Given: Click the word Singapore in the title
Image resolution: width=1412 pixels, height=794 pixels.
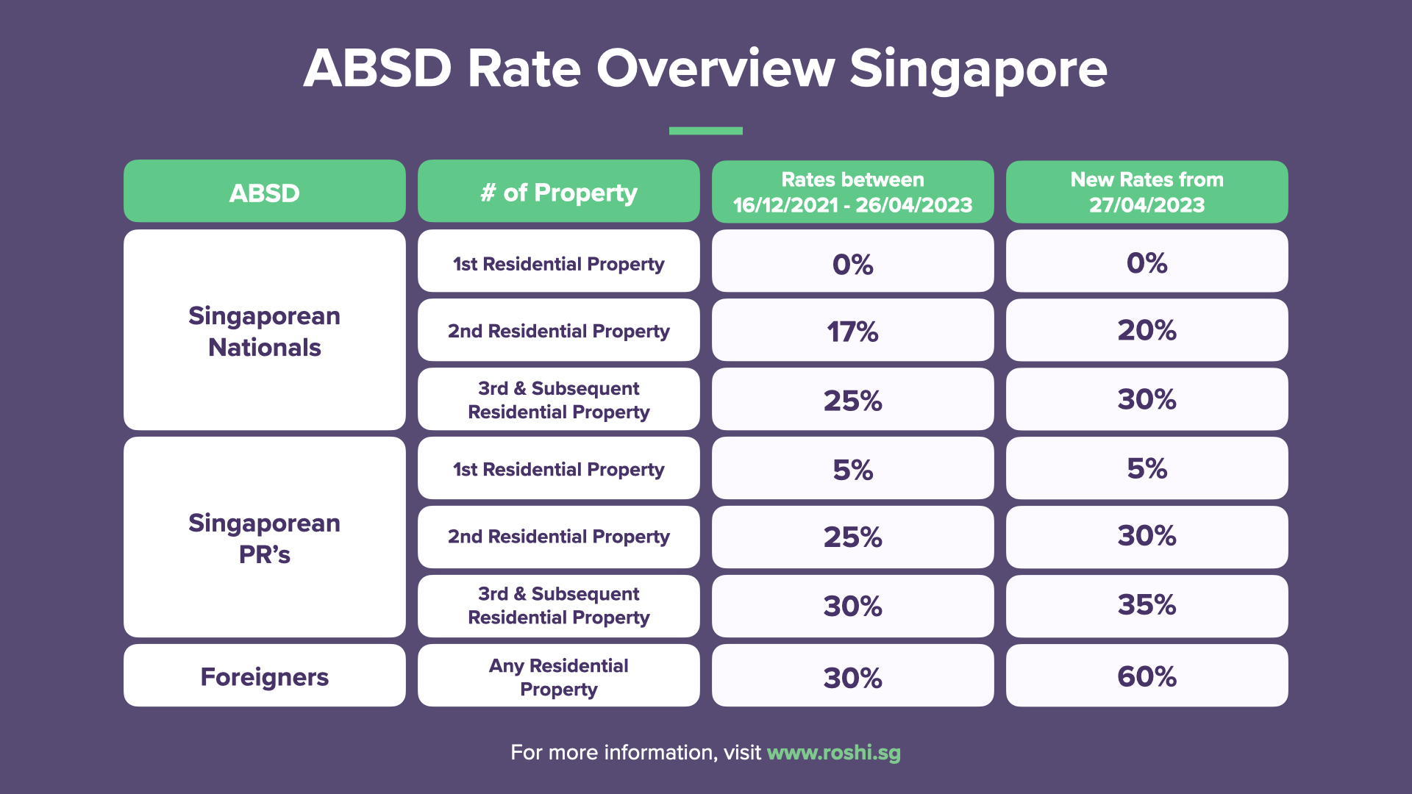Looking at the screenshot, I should point(977,69).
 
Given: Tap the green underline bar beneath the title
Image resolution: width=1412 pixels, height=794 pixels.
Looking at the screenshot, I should point(705,131).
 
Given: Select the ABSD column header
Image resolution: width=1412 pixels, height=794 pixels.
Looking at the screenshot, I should point(264,193).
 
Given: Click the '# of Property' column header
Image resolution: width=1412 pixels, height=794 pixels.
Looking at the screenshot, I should point(558,193).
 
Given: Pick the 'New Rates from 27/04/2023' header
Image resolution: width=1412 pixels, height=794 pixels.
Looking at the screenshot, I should point(1147,192).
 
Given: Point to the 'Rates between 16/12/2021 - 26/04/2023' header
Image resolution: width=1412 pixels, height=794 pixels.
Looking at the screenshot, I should point(852,192).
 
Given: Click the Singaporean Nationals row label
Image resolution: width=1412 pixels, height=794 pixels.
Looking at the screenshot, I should point(264,331).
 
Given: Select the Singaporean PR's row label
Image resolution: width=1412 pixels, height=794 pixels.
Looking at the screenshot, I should point(264,537).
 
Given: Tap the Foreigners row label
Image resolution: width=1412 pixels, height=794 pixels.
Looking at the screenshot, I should point(264,676).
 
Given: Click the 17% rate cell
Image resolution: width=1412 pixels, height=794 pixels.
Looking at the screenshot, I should point(852,331).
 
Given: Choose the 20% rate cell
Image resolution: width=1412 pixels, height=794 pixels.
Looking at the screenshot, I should point(1147,330).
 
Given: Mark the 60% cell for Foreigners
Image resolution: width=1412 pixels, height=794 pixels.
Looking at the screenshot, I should point(1147,676).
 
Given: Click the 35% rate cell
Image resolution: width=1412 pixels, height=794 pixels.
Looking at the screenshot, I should point(1147,605).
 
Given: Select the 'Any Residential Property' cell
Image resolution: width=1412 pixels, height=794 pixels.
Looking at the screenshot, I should point(558,676).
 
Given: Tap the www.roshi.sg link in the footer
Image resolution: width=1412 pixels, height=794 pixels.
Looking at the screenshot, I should point(833,752).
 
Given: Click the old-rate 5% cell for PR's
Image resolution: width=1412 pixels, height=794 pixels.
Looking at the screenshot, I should point(852,469).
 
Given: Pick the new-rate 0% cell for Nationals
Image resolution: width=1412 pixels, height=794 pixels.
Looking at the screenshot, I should point(1147,262).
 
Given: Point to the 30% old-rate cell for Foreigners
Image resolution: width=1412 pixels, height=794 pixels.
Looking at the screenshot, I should point(852,677).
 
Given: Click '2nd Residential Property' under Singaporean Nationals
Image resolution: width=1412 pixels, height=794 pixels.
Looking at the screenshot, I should point(558,331).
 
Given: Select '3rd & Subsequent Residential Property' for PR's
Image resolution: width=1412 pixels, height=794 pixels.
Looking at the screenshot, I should point(558,605).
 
